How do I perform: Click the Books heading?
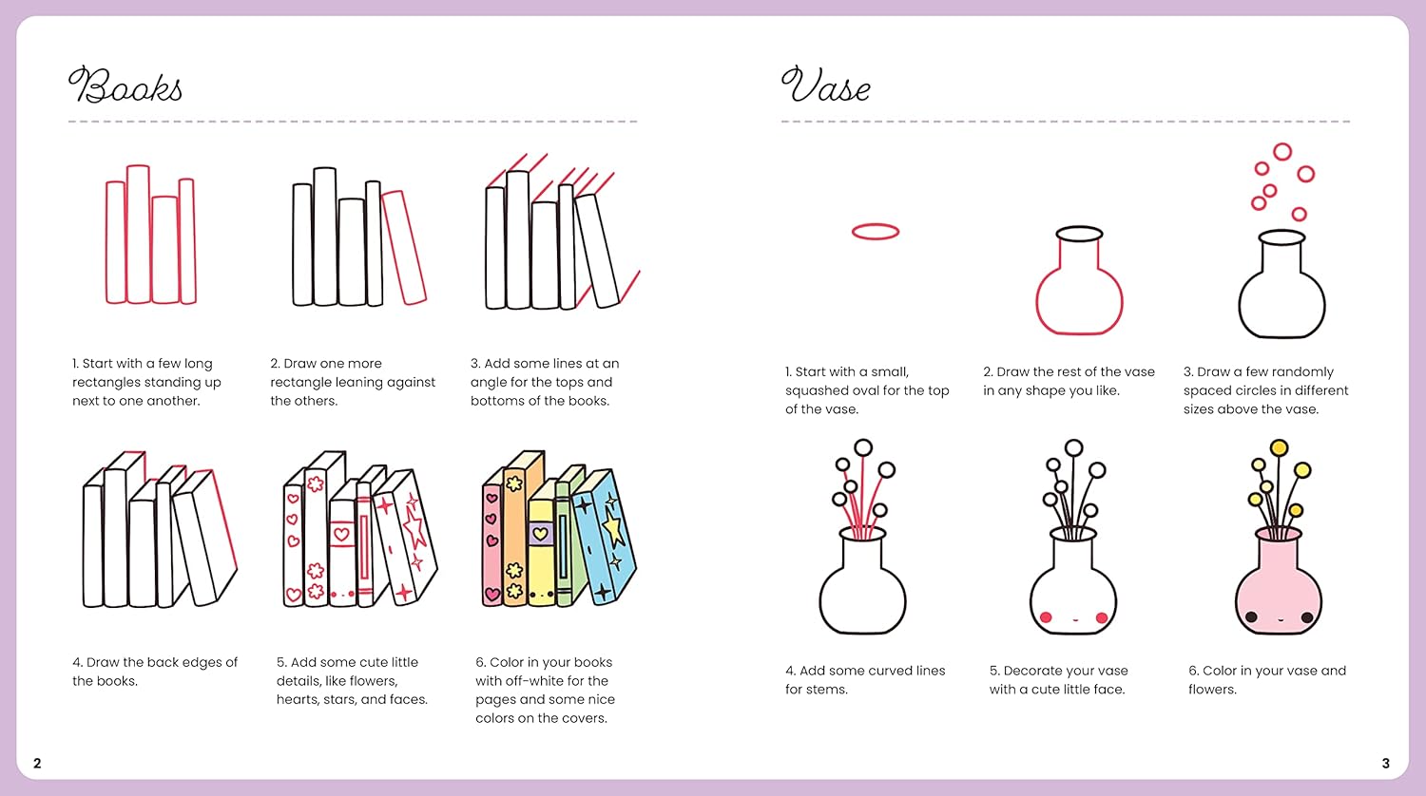125,85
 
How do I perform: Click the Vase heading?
826,85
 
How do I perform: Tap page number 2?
37,763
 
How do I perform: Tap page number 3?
1386,763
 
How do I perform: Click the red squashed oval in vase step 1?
876,224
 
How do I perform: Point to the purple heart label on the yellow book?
541,533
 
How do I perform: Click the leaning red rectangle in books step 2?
404,248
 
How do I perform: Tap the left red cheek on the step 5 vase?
1046,617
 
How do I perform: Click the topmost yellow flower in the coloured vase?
1279,448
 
